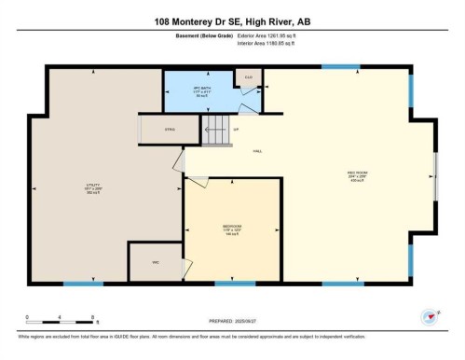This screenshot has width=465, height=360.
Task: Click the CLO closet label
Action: (249, 77)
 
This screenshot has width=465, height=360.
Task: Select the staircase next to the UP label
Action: (216, 132)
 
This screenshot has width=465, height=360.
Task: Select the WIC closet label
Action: (155, 263)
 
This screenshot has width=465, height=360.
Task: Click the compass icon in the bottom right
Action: (429, 315)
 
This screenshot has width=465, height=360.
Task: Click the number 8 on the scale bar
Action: (92, 318)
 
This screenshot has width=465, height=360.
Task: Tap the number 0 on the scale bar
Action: (28, 318)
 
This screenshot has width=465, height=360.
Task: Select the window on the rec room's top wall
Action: (335, 66)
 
